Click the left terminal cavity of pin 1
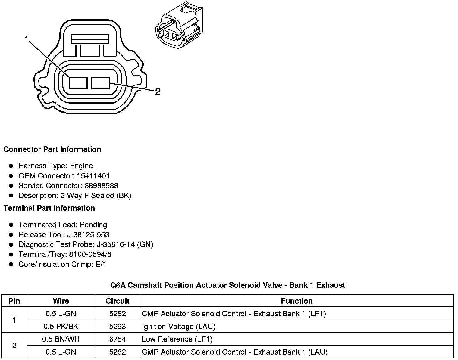click(78, 83)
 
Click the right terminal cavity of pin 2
click(101, 83)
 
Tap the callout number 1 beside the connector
click(27, 39)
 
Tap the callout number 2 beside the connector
click(158, 92)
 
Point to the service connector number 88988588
click(101, 186)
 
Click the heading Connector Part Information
click(52, 150)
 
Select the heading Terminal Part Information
click(49, 208)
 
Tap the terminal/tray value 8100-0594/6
click(90, 255)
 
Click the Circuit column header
click(118, 301)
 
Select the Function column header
click(297, 301)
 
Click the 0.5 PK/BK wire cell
click(61, 327)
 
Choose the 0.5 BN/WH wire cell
click(61, 339)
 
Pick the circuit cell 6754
click(118, 339)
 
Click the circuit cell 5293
click(118, 327)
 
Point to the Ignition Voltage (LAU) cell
click(178, 327)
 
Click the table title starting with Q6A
click(228, 285)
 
